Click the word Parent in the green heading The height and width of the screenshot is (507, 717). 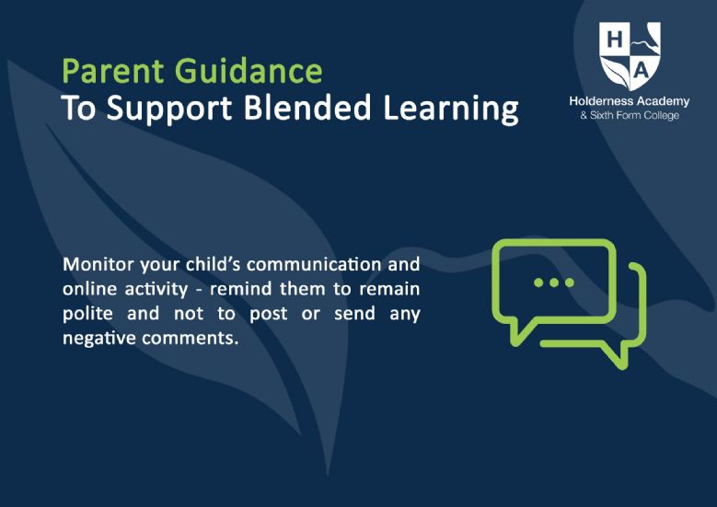[113, 71]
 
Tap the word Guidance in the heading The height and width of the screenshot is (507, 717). [249, 71]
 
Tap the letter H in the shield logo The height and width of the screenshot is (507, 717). [615, 40]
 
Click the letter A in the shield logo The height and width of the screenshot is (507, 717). [642, 71]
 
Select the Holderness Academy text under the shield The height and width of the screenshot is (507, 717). [630, 101]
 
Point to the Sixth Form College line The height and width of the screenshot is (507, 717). [630, 115]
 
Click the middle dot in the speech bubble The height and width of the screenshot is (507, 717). [554, 282]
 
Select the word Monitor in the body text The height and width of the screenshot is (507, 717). [98, 264]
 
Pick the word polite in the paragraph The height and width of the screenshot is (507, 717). [87, 314]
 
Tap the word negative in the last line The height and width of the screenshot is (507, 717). [99, 339]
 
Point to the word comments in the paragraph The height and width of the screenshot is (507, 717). [189, 339]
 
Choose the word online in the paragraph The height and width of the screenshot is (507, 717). [89, 289]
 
